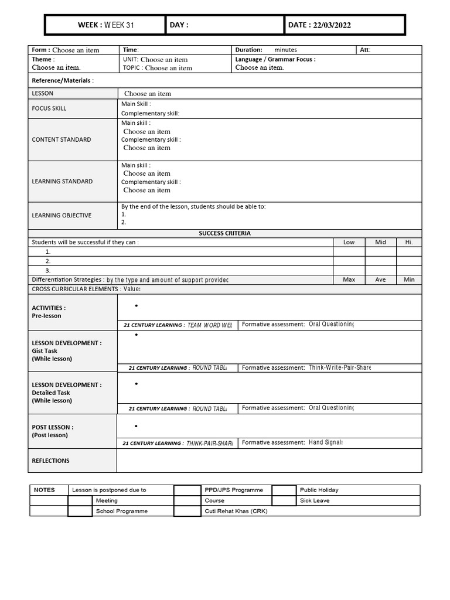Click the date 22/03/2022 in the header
click(x=332, y=25)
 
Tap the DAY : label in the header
click(x=179, y=25)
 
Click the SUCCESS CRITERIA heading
click(x=224, y=233)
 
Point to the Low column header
click(x=349, y=242)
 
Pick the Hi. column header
click(x=409, y=242)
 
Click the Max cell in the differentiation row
click(x=349, y=279)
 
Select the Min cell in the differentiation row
click(x=409, y=279)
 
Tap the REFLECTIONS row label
click(x=50, y=461)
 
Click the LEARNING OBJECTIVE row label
click(x=62, y=215)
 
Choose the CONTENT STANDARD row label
click(x=62, y=139)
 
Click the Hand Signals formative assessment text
click(x=326, y=443)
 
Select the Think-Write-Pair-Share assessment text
click(x=340, y=367)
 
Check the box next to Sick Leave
click(x=284, y=501)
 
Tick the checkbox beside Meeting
click(x=80, y=501)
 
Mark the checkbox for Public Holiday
click(x=284, y=490)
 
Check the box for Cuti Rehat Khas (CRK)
click(x=187, y=511)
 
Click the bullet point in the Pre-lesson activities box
click(x=136, y=306)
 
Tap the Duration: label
click(x=249, y=50)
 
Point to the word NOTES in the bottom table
click(x=45, y=490)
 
